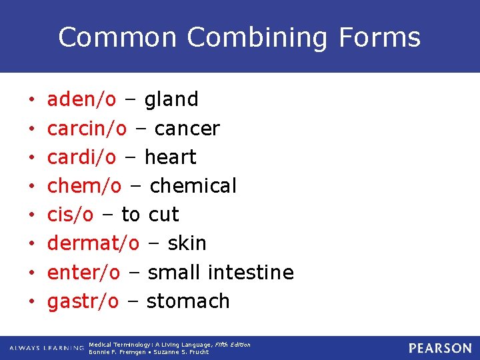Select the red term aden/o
(81, 99)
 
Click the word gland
(171, 99)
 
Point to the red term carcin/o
(87, 128)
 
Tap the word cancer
(187, 129)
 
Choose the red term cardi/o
(81, 157)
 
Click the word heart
(170, 157)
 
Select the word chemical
(193, 186)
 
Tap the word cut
(164, 215)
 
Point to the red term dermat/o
(93, 243)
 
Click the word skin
(187, 243)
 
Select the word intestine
(251, 272)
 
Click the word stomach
(188, 301)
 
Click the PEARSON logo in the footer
(440, 348)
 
